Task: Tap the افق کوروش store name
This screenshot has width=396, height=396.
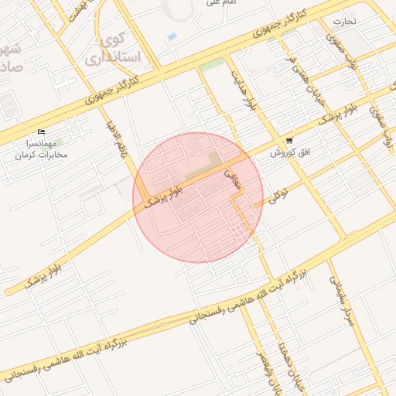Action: (x=289, y=153)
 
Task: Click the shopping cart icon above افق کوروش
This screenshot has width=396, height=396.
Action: (x=289, y=142)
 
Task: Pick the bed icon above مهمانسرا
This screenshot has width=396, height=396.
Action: (x=41, y=132)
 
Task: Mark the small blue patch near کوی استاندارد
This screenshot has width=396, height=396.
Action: (x=172, y=36)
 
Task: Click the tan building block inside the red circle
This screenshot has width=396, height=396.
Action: (x=212, y=161)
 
